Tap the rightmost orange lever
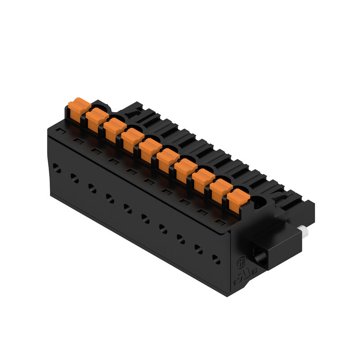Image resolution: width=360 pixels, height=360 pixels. click(238, 201)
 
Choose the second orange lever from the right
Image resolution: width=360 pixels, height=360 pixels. click(220, 191)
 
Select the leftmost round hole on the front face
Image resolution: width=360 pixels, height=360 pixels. click(57, 168)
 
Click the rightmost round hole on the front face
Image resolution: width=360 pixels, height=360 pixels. click(216, 259)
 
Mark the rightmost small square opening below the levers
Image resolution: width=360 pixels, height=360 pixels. click(220, 221)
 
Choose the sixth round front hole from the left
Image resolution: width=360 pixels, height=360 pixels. click(145, 218)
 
